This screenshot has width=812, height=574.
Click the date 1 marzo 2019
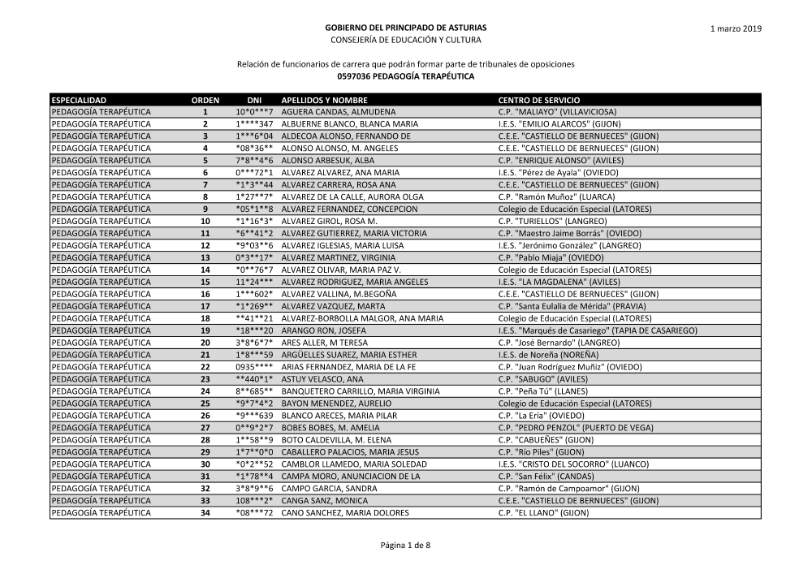(736, 28)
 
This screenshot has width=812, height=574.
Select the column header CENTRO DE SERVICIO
(538, 99)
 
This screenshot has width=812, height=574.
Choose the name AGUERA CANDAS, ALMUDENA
(339, 111)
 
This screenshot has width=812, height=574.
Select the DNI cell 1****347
(254, 123)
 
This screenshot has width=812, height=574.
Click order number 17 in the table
(205, 306)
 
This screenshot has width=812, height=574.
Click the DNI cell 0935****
(254, 367)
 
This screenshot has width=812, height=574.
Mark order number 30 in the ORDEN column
(205, 464)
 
